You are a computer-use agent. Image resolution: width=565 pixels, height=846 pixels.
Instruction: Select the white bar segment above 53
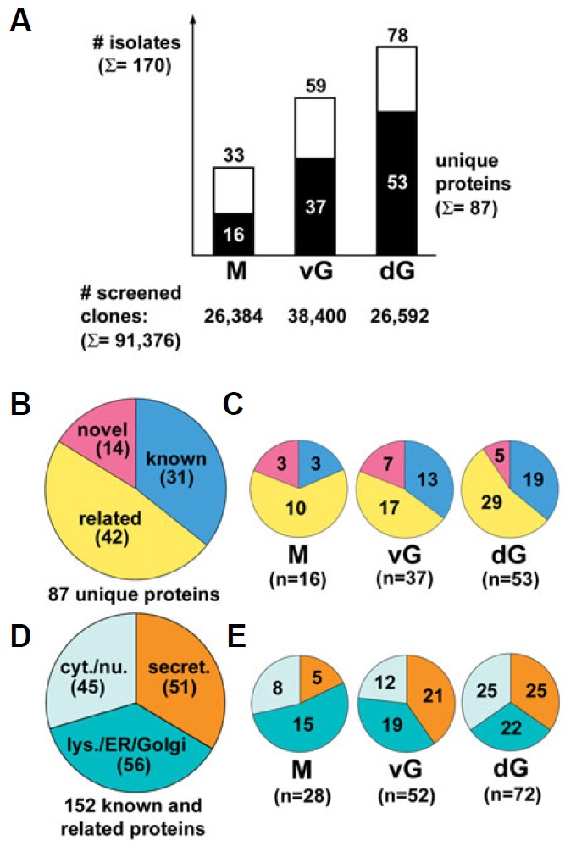(407, 79)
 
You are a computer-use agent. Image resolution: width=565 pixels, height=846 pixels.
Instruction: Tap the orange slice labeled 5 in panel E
(313, 677)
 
